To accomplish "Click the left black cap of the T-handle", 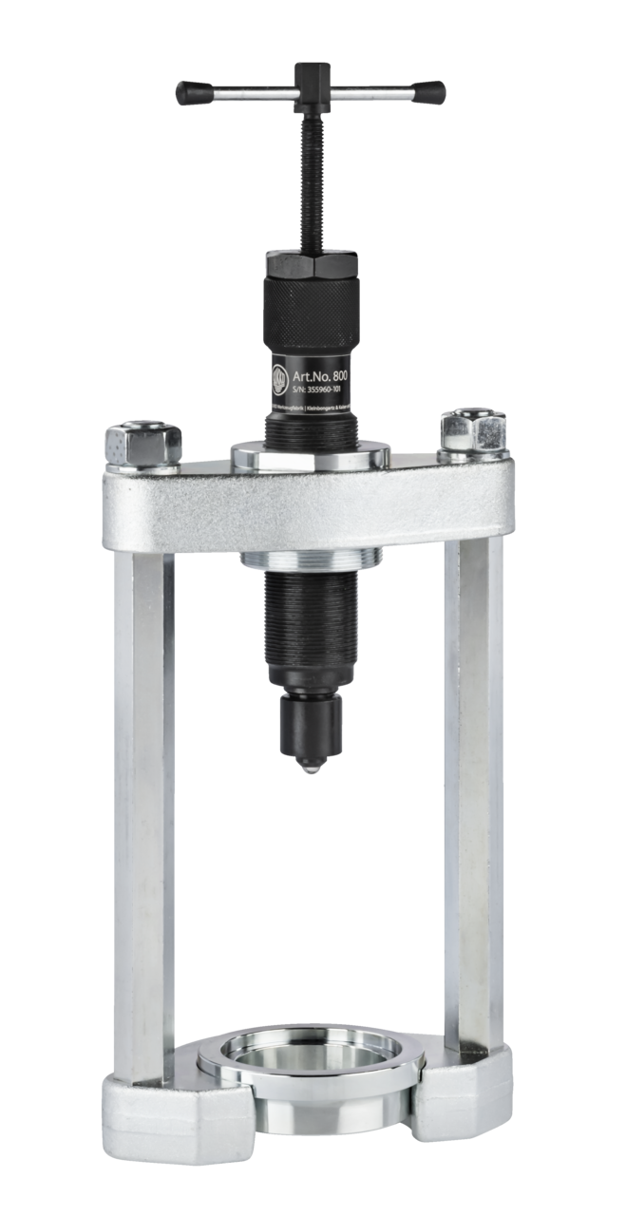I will pos(194,91).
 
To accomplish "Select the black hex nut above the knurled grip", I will pos(311,265).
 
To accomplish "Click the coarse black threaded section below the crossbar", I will pos(310,617).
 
